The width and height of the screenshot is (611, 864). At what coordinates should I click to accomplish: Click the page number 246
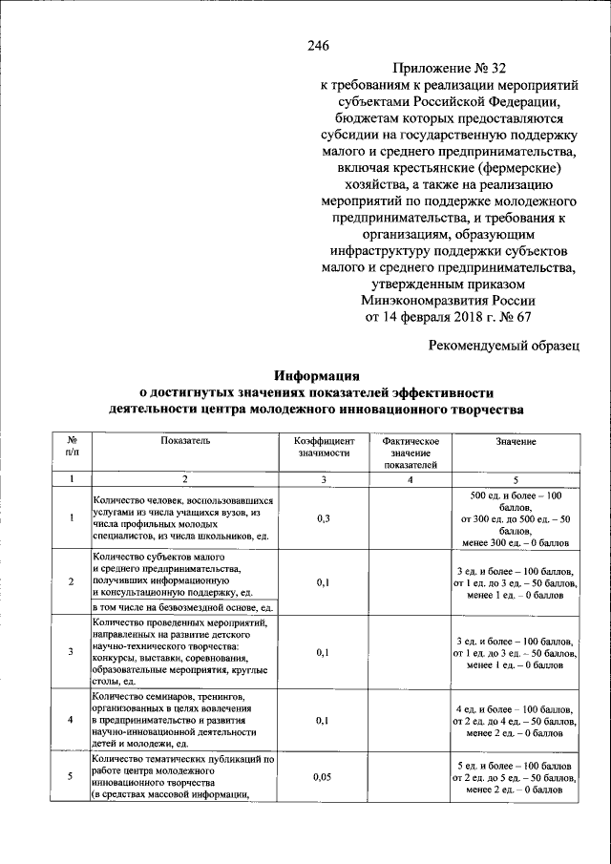[318, 45]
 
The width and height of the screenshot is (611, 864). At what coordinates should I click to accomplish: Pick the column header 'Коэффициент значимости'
[324, 449]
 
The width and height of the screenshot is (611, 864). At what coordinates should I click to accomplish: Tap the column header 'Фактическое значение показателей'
[410, 453]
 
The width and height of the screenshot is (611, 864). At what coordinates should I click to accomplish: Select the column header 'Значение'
[516, 442]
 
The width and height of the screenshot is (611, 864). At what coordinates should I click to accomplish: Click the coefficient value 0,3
[324, 518]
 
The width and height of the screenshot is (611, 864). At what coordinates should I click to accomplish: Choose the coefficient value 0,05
[324, 778]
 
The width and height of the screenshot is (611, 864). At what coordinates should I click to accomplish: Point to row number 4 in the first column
[72, 719]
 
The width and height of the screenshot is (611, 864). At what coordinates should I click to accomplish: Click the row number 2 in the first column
[72, 581]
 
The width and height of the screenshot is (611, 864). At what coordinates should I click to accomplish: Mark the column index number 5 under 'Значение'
[516, 478]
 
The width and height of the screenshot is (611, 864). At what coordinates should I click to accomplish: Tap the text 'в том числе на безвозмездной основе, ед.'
[182, 607]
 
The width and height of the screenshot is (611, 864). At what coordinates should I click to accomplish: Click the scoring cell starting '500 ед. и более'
[516, 519]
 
